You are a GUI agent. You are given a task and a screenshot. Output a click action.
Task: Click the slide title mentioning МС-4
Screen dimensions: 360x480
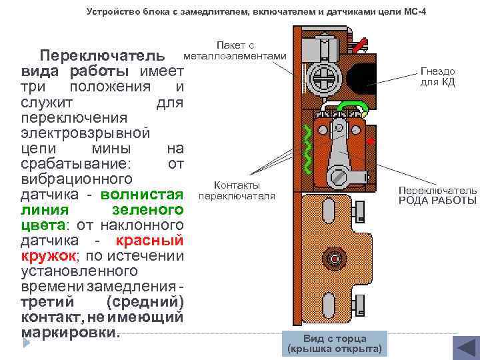[257, 13]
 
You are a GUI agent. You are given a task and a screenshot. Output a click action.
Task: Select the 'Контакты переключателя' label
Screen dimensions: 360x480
[237, 191]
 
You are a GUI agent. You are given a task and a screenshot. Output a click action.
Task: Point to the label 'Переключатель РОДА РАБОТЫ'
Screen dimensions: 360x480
[438, 195]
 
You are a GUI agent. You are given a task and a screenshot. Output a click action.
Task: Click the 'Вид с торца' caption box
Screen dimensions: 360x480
[334, 343]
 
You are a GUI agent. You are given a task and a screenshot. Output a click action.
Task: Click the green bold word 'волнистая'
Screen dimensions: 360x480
[142, 195]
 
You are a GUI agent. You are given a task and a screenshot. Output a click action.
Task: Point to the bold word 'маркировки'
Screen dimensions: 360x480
[71, 331]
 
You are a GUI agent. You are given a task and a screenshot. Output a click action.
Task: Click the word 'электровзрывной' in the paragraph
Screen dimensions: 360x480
[83, 133]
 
